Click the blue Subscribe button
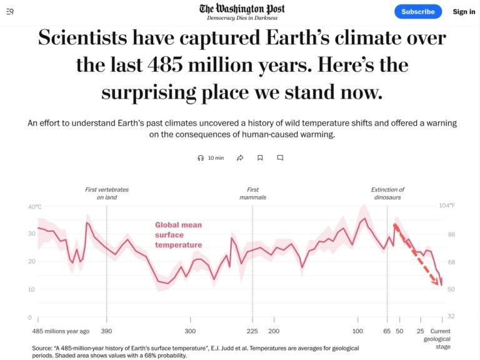pos(418,11)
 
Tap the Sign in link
pos(464,11)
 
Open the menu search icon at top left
pos(10,11)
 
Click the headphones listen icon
pos(201,158)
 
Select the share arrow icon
pos(240,158)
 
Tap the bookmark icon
pos(260,158)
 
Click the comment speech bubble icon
pos(280,158)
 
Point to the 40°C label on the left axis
pos(34,207)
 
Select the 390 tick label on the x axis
pos(107,331)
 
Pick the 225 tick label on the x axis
pos(253,331)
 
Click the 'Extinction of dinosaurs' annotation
pos(387,193)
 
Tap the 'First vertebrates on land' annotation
pos(107,193)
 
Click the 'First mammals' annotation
pos(252,193)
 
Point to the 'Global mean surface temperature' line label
pos(179,234)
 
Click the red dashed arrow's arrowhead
pos(437,284)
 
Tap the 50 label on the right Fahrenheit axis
pos(451,289)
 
